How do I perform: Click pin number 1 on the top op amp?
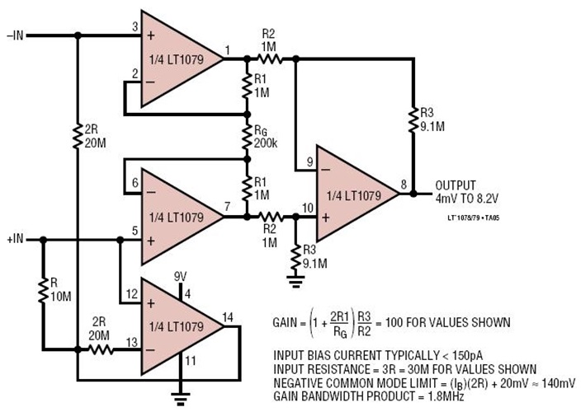click(x=228, y=51)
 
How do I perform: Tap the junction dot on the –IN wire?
click(x=78, y=35)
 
